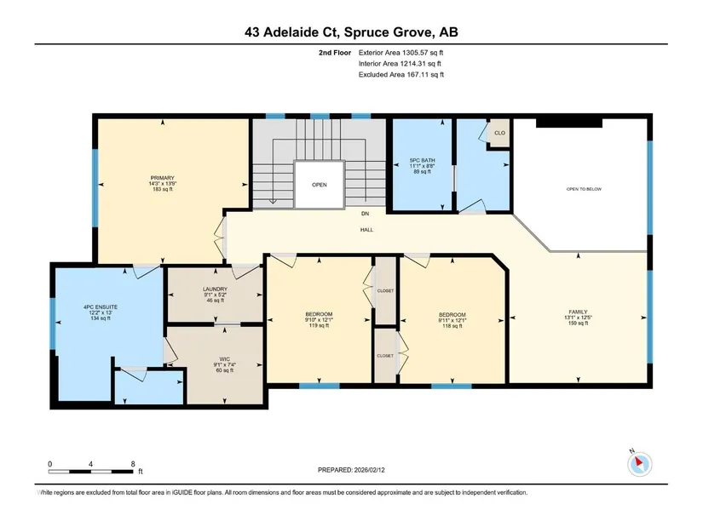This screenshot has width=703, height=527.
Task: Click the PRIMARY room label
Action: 162,178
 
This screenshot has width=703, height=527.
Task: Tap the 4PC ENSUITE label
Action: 101,307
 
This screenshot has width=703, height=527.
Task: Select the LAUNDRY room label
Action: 216,289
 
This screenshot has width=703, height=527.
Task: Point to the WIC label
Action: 225,359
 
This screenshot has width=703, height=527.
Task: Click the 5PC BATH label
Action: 423,160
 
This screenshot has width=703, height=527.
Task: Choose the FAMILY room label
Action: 578,312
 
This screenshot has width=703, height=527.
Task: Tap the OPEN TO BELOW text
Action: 585,189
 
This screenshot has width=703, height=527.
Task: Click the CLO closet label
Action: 500,133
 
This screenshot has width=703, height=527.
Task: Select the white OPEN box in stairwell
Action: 320,184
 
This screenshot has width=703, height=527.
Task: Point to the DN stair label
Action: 366,214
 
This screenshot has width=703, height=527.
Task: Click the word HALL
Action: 366,230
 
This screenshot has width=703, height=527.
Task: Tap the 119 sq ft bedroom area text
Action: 320,325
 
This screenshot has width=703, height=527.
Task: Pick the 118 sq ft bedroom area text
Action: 452,326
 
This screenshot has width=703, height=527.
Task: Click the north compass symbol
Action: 640,463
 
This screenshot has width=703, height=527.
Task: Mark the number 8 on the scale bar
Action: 133,464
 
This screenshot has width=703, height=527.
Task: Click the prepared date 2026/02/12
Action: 370,470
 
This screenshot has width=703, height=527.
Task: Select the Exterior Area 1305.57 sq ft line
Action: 400,53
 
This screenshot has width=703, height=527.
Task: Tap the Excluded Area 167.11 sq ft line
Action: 401,75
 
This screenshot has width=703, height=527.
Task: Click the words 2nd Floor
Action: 335,53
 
